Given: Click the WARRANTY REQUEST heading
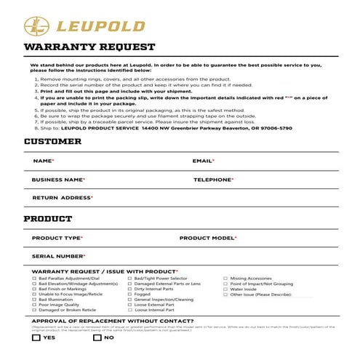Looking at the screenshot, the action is pos(89,48).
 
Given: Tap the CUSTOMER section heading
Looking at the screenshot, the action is pos(52,141).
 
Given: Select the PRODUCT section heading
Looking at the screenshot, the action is pos(48,219).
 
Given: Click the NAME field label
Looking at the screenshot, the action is pos(43,160).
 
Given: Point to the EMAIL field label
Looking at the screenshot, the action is pos(203,160).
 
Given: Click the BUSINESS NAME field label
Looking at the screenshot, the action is pos(58,179).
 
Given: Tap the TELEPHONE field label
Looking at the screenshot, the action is pos(213,179).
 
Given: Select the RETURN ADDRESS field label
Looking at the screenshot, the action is pos(63,198).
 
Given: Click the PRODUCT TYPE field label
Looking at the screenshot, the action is pos(57,238).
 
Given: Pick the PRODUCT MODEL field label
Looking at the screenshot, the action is pos(208,238).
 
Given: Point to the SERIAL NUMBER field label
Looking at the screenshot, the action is pos(59,256).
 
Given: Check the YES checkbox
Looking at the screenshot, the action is pos(36,337).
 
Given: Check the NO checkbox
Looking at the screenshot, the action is pos(97,337).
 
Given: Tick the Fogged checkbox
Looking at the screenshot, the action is pos(129,294).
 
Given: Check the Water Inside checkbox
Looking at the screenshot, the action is pos(225,289).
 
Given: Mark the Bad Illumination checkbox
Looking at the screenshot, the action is pos(34,299).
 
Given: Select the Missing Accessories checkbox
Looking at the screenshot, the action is pos(225,278).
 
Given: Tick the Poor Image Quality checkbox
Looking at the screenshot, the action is pos(34,305).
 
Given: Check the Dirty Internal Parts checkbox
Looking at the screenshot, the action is pos(129,289).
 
